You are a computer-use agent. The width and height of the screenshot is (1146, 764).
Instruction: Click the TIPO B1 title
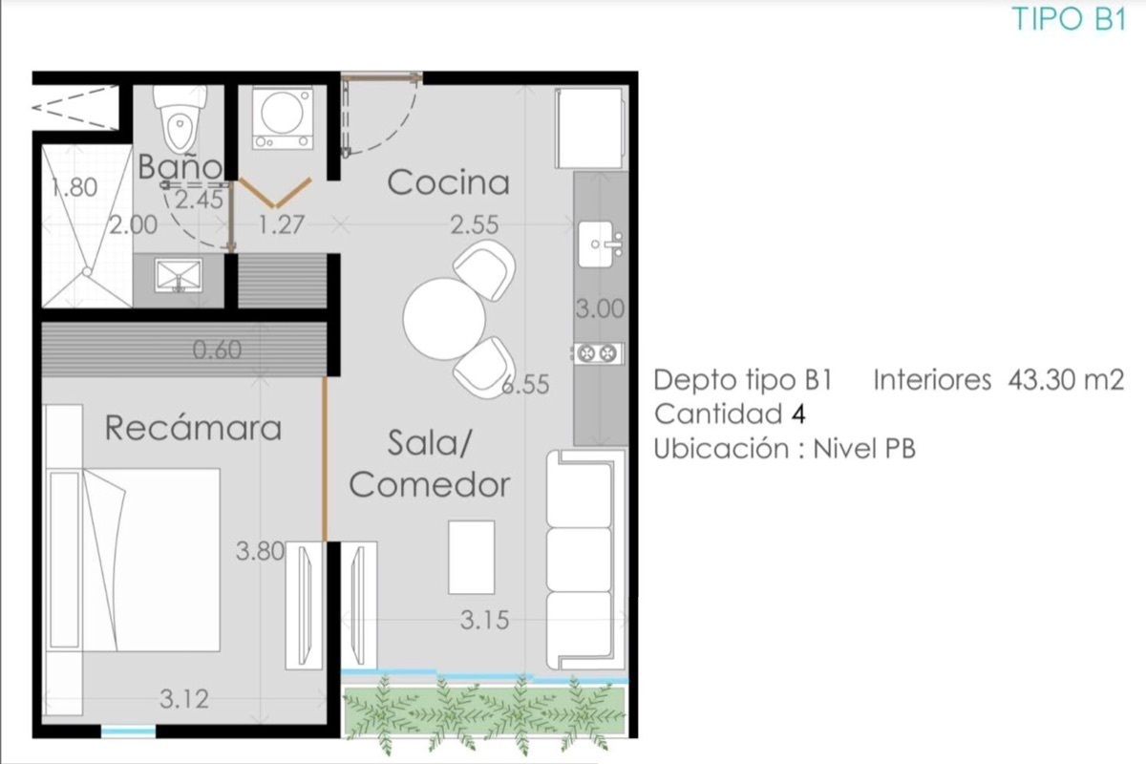coord(1070,19)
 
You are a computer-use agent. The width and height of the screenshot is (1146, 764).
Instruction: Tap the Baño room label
coord(180,166)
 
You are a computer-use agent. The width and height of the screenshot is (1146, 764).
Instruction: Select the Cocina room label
coord(448,182)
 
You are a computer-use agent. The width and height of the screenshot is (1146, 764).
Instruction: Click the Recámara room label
coord(193,428)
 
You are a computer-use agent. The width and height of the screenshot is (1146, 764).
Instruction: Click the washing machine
coord(283,118)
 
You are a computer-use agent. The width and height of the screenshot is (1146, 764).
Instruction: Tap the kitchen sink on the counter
coord(600,244)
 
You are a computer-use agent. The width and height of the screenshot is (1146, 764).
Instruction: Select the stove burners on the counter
coord(598,352)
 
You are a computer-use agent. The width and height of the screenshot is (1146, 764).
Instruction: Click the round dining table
coord(443,318)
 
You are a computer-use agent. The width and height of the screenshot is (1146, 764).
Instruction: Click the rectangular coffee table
coord(471,558)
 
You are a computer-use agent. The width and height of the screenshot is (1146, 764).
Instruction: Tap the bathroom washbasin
coord(179,276)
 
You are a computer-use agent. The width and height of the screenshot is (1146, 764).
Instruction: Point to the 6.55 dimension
coord(525,385)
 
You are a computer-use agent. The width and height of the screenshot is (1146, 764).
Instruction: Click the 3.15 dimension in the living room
coord(484,620)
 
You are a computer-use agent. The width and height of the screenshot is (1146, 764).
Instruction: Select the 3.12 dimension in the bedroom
coord(184,699)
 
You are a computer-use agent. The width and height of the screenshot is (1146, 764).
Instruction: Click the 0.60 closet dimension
coord(217,350)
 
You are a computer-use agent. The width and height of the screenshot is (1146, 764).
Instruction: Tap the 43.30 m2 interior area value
coord(1066,380)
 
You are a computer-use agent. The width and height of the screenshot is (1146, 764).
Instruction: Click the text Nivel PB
coord(864,449)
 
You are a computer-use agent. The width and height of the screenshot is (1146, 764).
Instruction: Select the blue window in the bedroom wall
coord(128,732)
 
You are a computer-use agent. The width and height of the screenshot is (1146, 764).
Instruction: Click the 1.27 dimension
coord(282,224)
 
